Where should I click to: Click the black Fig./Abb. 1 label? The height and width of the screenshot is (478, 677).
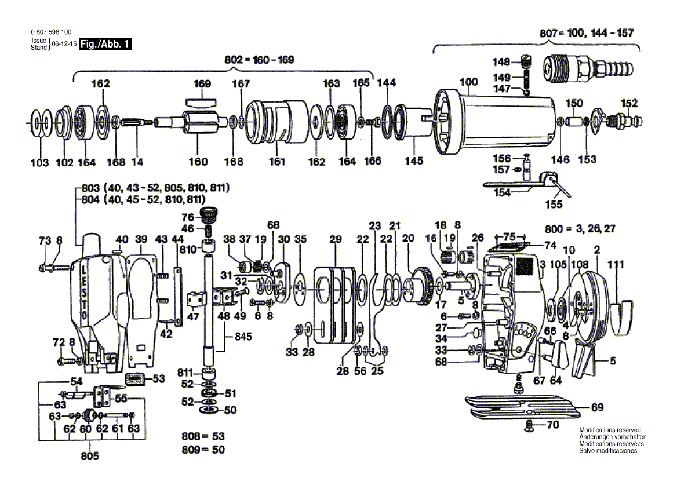pos(104,43)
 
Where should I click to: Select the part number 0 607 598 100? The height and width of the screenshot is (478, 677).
pos(51,32)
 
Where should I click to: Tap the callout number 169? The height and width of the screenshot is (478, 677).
pos(202,83)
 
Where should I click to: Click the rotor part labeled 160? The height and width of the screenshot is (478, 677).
pos(197,122)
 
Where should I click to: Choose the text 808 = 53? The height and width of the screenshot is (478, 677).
pos(202,435)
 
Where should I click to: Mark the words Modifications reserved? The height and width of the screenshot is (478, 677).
pos(610,430)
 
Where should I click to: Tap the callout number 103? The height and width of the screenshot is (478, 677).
pos(40,163)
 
